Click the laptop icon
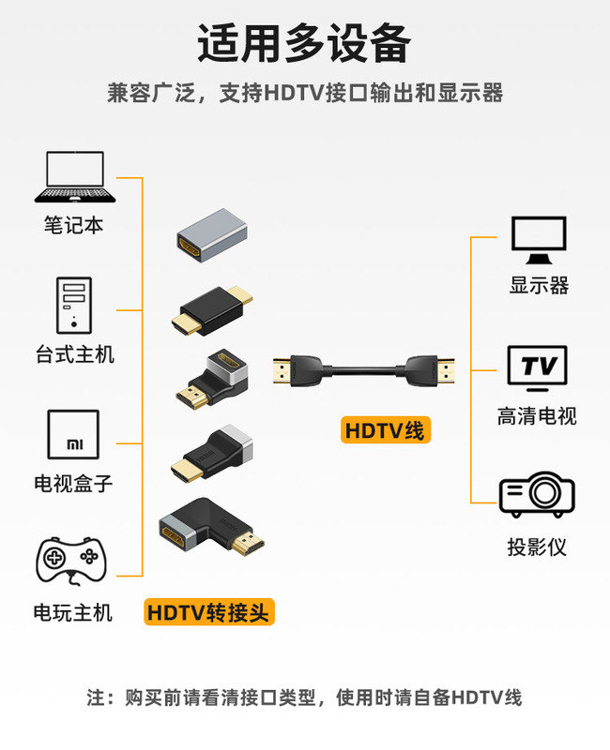[x=75, y=178]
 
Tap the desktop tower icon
[x=74, y=305]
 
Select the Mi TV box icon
[x=73, y=436]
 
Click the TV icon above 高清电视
[x=538, y=367]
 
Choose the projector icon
[x=537, y=495]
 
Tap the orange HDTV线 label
[x=385, y=431]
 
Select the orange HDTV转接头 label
[x=209, y=613]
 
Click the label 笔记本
[x=73, y=225]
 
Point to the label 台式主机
[x=74, y=354]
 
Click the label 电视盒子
[x=73, y=484]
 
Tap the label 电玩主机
[x=73, y=613]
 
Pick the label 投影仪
[x=537, y=547]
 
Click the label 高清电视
[x=537, y=416]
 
